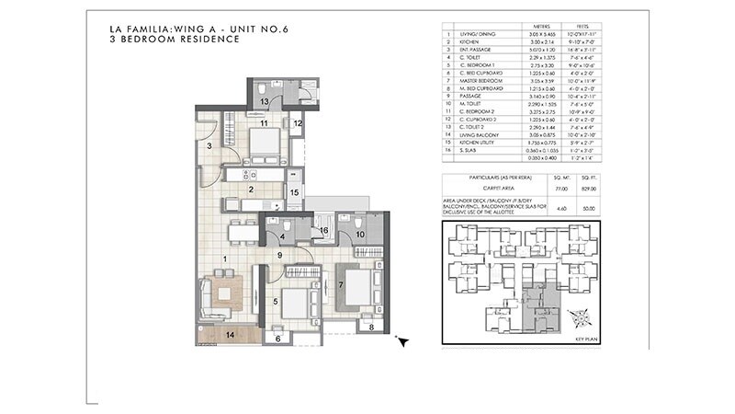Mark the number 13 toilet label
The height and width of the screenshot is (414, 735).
263,100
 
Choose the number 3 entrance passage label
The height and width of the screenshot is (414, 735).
209,145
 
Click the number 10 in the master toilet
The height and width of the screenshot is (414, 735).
361,235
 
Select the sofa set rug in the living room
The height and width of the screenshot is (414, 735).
221,297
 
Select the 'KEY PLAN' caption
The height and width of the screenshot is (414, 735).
585,339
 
